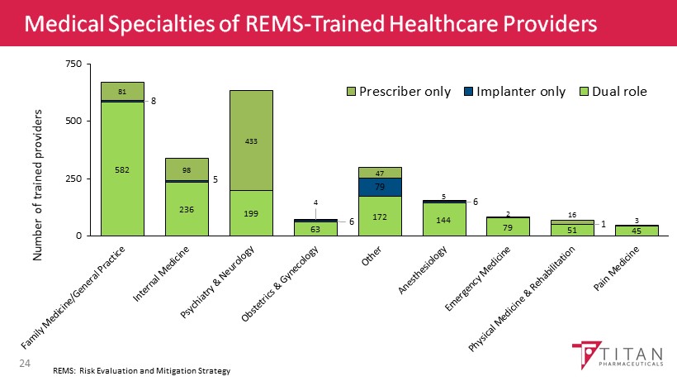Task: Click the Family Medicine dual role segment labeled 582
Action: point(122,169)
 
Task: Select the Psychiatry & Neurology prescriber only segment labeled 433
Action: point(251,140)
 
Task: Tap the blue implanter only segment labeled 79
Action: point(380,187)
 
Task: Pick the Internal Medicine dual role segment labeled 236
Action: point(187,209)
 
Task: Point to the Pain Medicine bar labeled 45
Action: point(637,231)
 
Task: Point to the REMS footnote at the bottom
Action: point(140,371)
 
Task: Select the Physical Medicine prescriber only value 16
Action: point(573,213)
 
